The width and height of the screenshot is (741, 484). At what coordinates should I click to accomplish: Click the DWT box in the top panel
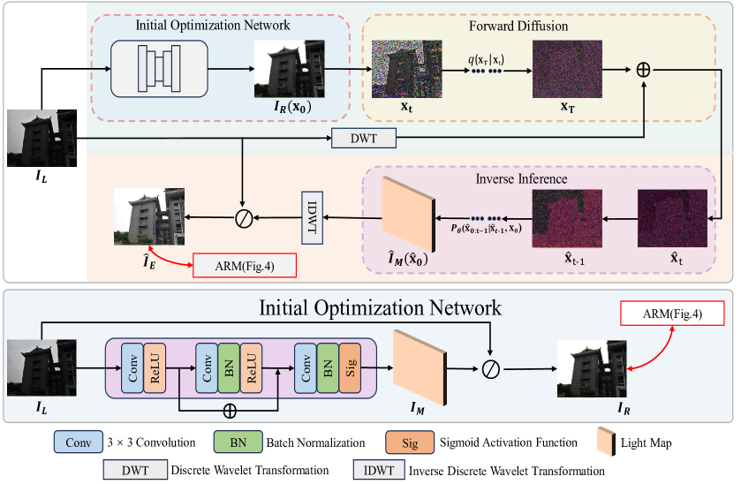[x=364, y=139]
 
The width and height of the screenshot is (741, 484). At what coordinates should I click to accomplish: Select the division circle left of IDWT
[x=242, y=215]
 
